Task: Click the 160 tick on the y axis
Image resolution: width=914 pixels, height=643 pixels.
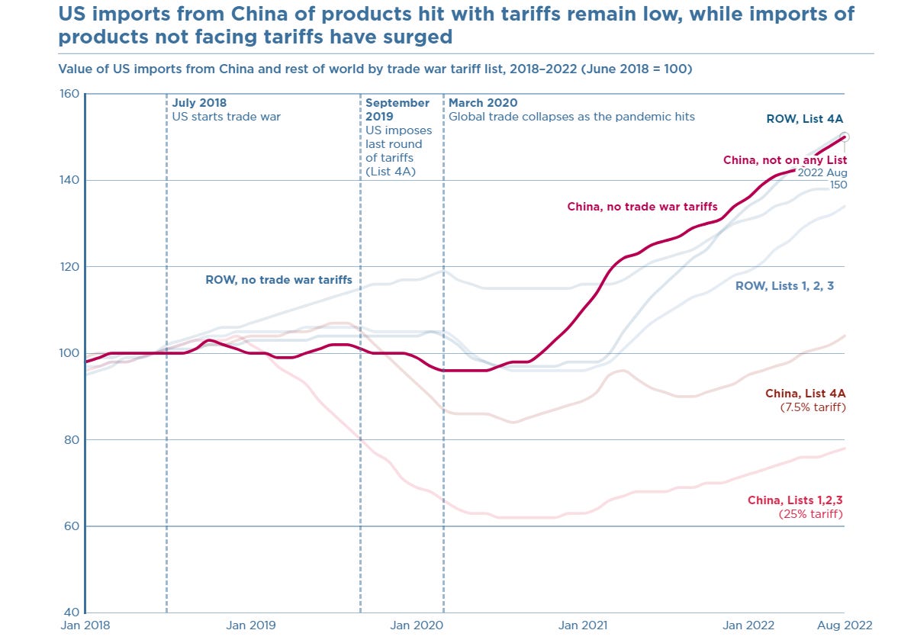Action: point(69,94)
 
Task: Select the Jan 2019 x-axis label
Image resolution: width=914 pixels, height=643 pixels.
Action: point(251,625)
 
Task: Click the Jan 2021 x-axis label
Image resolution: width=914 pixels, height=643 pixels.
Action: point(584,625)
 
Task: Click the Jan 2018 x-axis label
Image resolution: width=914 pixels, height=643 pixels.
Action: point(85,625)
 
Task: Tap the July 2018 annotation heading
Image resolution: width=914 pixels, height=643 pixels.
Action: point(199,103)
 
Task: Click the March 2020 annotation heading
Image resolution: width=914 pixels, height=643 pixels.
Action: point(483,103)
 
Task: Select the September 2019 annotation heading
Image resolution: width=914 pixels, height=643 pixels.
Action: point(397,109)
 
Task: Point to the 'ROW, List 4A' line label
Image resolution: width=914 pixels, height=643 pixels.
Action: point(804,119)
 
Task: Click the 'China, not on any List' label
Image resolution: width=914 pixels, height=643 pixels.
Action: point(785,160)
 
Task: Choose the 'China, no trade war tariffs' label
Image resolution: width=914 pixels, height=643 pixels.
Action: point(642,207)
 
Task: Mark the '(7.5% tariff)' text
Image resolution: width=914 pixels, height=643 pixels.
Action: point(813,407)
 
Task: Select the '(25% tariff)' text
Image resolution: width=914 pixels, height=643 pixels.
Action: point(811,514)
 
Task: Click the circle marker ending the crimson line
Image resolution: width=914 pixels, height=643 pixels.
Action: point(845,137)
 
